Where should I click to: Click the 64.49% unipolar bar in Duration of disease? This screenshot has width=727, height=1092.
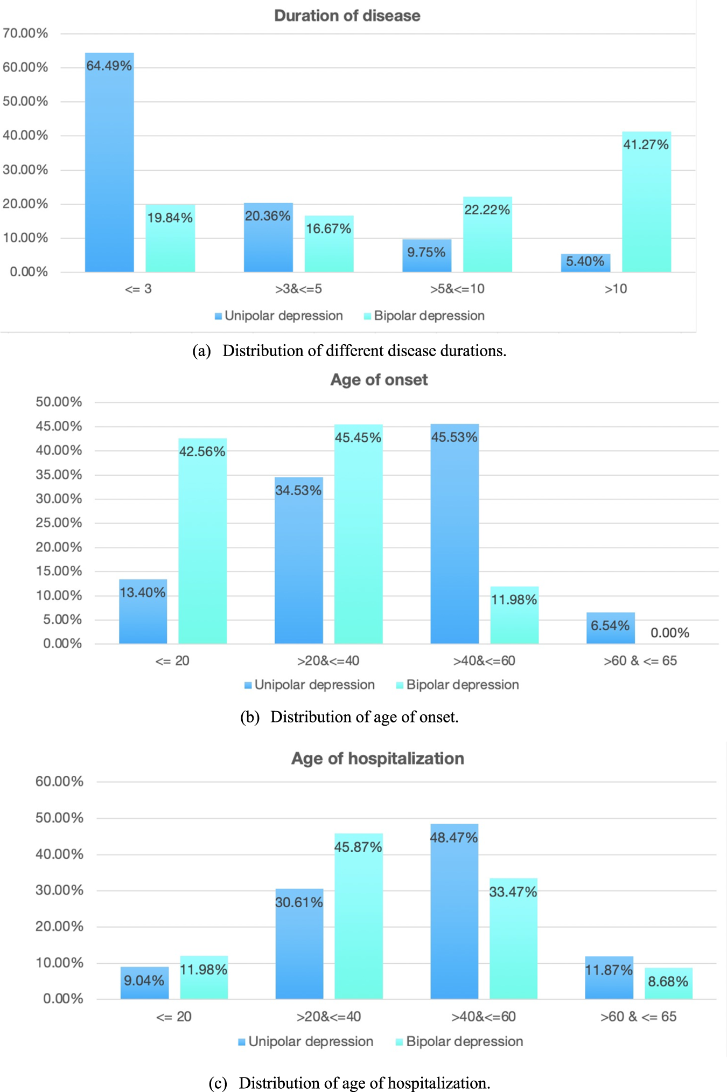(x=109, y=162)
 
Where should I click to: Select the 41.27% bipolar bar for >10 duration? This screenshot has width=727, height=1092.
(x=646, y=202)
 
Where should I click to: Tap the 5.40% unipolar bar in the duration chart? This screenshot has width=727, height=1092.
(x=585, y=262)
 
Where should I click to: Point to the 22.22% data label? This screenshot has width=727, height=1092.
(x=487, y=210)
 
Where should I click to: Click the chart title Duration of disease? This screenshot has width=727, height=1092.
(x=347, y=16)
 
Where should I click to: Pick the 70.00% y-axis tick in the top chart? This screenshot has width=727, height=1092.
(x=25, y=33)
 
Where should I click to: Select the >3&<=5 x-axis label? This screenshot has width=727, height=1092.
(x=298, y=289)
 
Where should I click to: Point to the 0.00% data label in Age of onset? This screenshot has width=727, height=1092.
(x=669, y=632)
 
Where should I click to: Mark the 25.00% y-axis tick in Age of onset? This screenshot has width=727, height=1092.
(x=59, y=523)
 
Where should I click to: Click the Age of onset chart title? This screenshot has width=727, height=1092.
(x=379, y=380)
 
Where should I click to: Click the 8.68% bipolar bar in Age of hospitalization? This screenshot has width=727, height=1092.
(x=668, y=983)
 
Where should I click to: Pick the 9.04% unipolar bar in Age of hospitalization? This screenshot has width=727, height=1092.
(x=144, y=983)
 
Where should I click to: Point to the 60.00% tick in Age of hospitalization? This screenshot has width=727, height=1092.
(x=59, y=781)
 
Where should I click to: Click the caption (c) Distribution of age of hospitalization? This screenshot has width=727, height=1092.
(x=349, y=1082)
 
